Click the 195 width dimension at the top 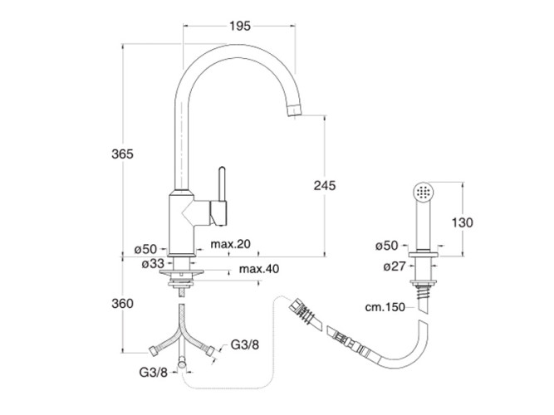[x=239, y=26]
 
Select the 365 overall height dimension [x=122, y=155]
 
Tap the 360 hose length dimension [x=122, y=304]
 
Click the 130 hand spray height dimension [x=463, y=222]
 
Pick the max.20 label [x=231, y=244]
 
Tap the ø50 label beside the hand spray [x=386, y=246]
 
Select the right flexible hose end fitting [x=214, y=350]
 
